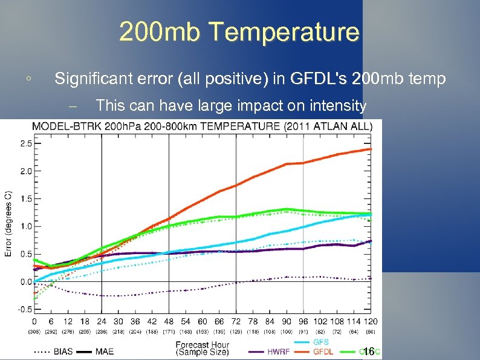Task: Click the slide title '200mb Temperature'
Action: click(x=239, y=31)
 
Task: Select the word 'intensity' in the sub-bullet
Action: click(x=339, y=106)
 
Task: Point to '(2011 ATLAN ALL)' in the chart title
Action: click(x=331, y=126)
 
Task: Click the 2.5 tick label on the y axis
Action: click(x=26, y=143)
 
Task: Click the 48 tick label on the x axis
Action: click(x=168, y=321)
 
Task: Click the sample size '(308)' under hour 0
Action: click(x=34, y=332)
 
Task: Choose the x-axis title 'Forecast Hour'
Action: click(x=201, y=345)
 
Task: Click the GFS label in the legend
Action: click(x=321, y=342)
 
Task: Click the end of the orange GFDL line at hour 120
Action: click(x=371, y=149)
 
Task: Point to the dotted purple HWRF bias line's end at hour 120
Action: click(x=371, y=278)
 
